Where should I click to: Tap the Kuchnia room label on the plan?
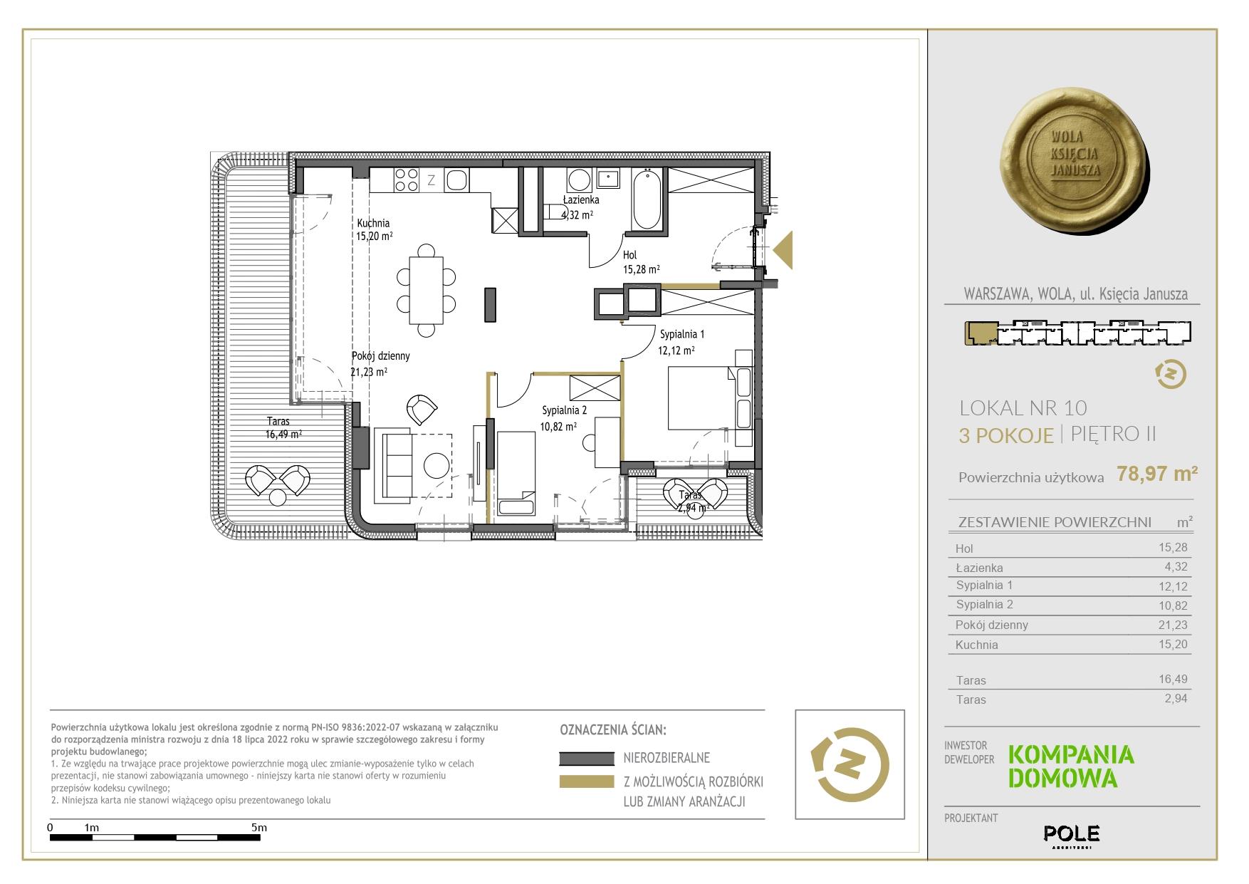tap(373, 223)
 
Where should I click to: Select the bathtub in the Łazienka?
tap(647, 199)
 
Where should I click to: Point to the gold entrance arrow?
tap(783, 250)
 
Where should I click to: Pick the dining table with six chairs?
tap(427, 290)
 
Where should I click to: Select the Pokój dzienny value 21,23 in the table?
tap(1173, 625)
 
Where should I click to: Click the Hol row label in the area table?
tap(964, 548)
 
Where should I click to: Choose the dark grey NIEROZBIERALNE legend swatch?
tap(587, 759)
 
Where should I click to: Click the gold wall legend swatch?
tap(587, 781)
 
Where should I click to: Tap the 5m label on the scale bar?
tap(259, 827)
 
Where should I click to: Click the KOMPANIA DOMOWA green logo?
tap(1071, 766)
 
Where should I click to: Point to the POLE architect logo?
tap(1071, 834)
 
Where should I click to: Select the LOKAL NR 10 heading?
tap(1023, 408)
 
